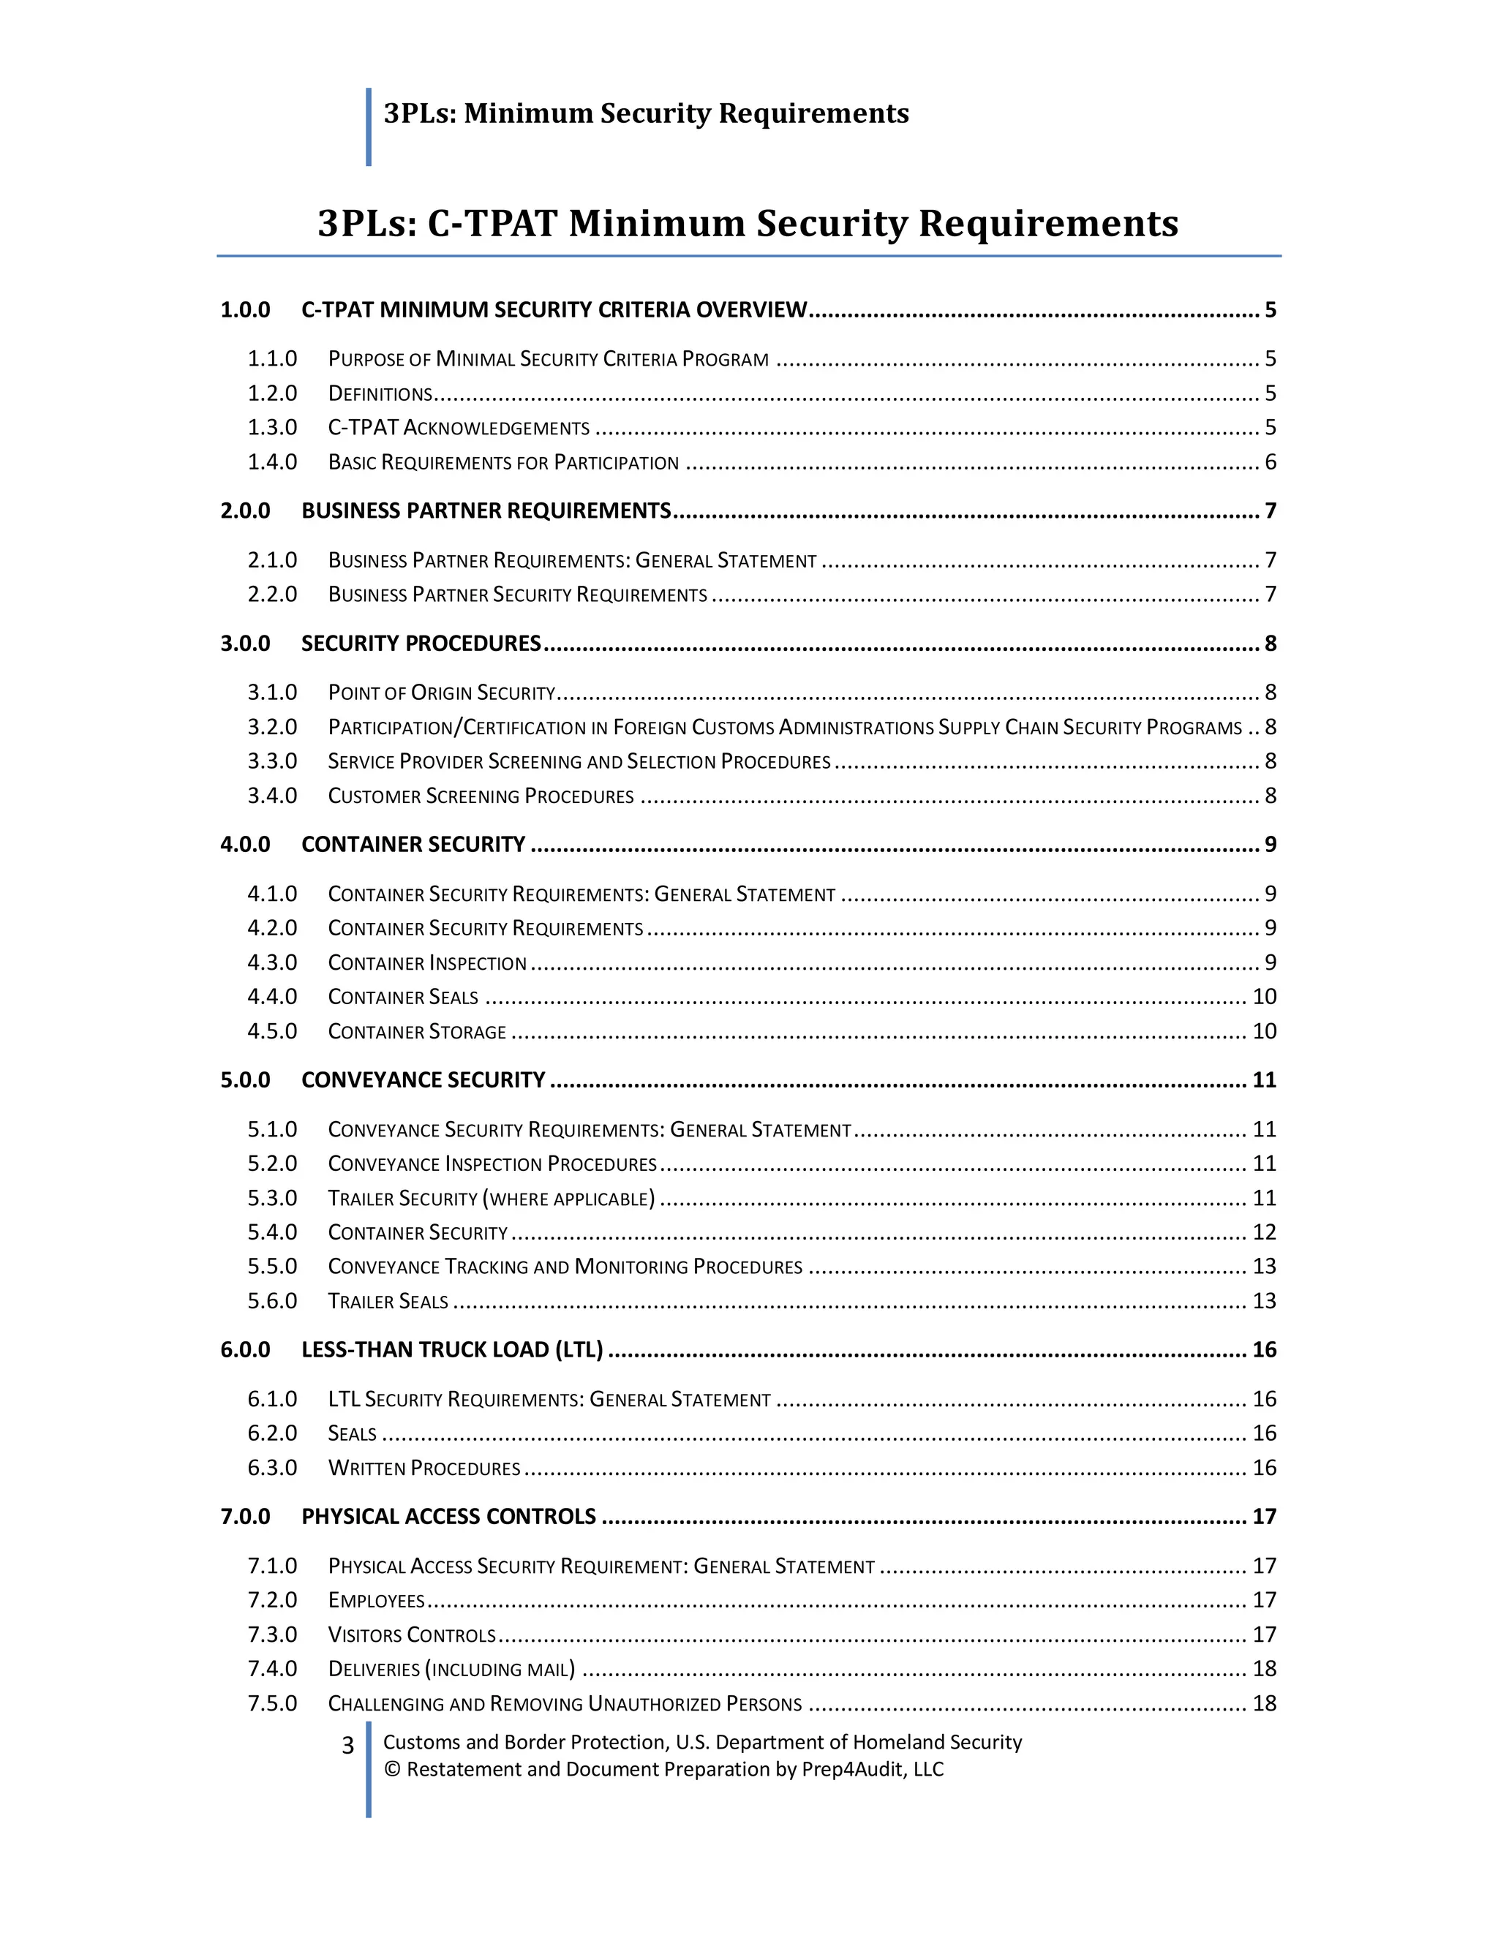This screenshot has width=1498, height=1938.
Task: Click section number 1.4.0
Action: (x=271, y=461)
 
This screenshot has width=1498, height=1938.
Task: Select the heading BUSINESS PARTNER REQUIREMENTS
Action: (x=486, y=510)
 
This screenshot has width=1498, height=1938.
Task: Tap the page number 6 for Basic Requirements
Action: (x=1270, y=461)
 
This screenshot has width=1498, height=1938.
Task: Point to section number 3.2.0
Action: (x=271, y=727)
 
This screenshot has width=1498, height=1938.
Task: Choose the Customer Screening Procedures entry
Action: (x=480, y=796)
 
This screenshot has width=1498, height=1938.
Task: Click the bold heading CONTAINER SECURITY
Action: (x=413, y=844)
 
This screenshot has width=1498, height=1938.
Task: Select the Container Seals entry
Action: (x=402, y=997)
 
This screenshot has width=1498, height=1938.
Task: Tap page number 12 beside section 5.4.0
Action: (x=1264, y=1232)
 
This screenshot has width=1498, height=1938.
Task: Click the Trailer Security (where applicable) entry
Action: (x=491, y=1198)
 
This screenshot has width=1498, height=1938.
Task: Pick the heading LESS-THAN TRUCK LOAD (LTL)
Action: (x=452, y=1350)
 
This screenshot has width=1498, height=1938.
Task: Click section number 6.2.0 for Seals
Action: (x=271, y=1433)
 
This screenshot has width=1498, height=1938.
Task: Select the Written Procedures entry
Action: (x=424, y=1468)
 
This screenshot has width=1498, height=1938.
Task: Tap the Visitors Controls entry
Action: (x=411, y=1635)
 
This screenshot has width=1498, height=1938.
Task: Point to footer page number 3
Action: (x=348, y=1746)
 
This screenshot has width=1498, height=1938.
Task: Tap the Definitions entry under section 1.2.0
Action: (x=380, y=393)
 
